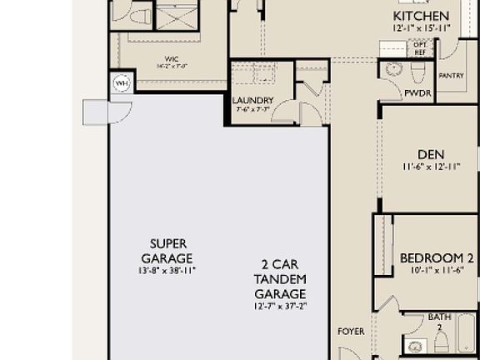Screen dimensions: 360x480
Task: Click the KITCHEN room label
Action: coord(421,16)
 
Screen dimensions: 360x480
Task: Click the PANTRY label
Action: coord(451,76)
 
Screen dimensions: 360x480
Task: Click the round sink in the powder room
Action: coord(396,72)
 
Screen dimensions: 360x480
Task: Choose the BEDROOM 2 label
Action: coord(437,257)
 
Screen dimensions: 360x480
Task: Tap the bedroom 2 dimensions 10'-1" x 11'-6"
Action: coord(437,270)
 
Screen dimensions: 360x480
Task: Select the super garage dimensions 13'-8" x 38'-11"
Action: coord(167,270)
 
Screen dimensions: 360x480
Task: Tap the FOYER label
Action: coord(351,332)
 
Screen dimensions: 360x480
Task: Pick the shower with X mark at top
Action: coord(176,17)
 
